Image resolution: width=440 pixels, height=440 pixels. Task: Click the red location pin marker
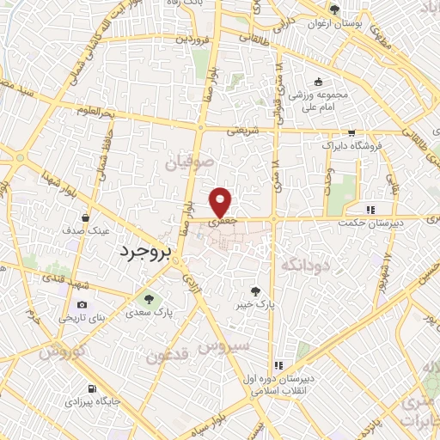click(x=222, y=202)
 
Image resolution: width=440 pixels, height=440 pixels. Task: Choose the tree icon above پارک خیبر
click(x=254, y=291)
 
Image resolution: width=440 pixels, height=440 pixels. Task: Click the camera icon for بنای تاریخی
click(x=82, y=304)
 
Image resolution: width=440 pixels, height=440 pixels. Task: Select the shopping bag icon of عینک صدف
click(x=84, y=218)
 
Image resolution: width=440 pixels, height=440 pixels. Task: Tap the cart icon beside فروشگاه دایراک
click(x=351, y=133)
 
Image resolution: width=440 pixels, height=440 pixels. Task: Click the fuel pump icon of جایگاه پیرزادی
click(x=91, y=388)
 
